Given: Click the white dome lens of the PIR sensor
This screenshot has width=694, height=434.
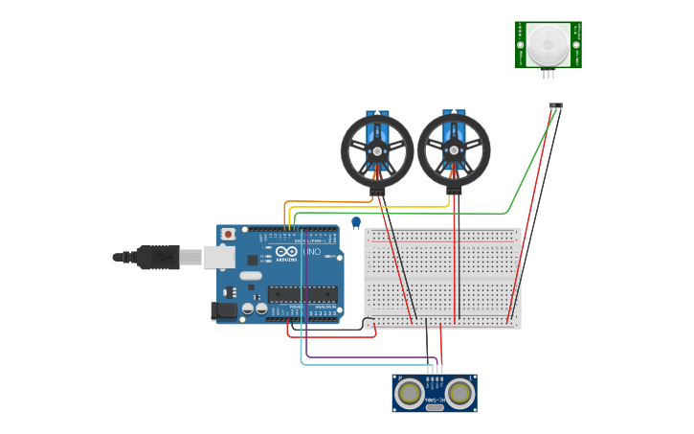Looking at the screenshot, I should coord(548,43).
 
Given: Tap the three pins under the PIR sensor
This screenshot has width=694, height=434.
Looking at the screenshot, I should coord(548,74).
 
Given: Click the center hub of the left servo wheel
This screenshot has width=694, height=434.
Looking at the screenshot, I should coord(377,150).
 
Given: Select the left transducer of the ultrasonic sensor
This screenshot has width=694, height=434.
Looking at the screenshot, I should coord(411,392).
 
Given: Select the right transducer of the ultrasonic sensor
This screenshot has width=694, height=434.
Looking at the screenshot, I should coord(459,392).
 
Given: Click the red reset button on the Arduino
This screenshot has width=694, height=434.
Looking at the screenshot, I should coord(228,234).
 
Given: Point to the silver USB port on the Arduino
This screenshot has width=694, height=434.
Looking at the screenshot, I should coord(219,257).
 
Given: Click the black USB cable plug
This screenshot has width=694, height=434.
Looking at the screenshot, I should coord(157,257).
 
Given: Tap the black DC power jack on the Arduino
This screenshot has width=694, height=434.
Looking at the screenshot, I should coord(223,310).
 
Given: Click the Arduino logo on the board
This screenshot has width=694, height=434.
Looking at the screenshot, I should coord(286,252).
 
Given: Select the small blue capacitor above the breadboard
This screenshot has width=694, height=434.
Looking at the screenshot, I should coord(356,222).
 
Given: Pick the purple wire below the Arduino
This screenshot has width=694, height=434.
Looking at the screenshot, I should coord(364,357).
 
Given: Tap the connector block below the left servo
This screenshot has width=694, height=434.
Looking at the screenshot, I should coord(377,192).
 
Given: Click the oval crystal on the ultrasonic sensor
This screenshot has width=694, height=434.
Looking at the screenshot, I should coord(435,407).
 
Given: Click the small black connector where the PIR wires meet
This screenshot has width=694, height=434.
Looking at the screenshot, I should coord(555,105).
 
